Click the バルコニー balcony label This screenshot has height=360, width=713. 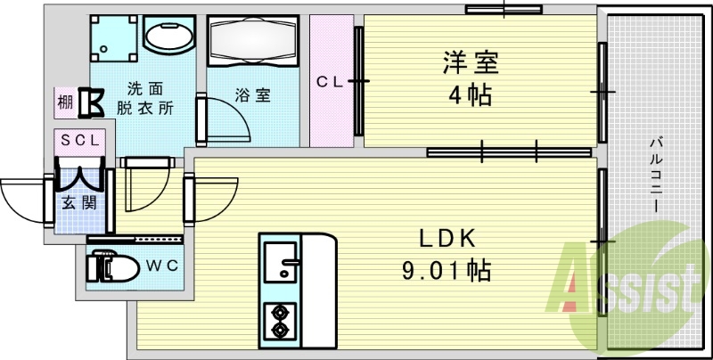click(655, 174)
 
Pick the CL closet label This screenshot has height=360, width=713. click(332, 82)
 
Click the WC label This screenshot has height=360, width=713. click(161, 264)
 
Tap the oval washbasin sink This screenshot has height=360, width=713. click(169, 37)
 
